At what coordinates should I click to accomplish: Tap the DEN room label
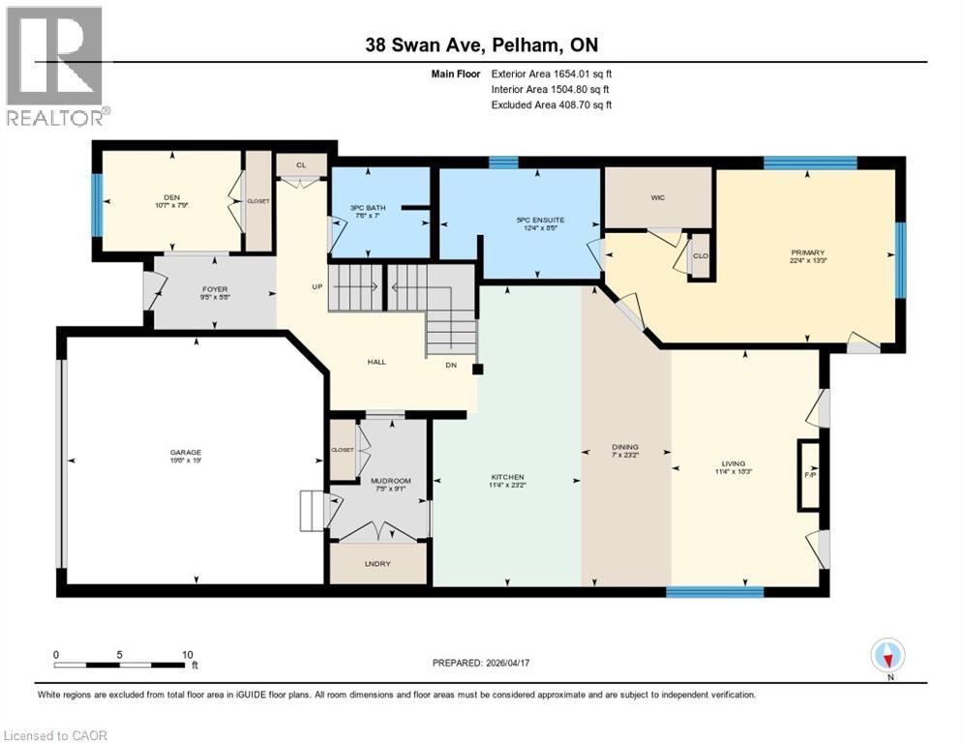point(172,196)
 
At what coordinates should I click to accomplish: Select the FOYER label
point(214,286)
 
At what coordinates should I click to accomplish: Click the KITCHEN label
point(507,477)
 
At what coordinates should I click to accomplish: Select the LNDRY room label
point(378,564)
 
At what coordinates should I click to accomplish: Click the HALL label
point(376,361)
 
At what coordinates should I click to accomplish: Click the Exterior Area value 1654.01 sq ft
point(553,73)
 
